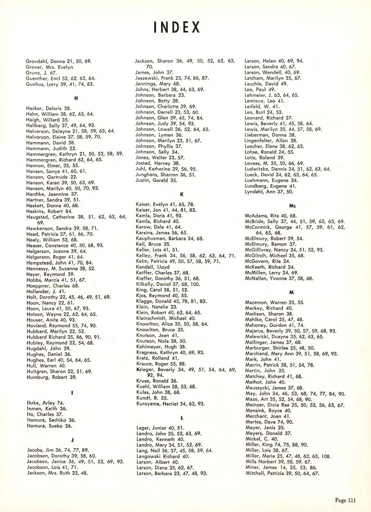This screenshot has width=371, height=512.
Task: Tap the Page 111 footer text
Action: (x=345, y=501)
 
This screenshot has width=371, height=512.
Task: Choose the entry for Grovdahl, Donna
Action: (x=59, y=61)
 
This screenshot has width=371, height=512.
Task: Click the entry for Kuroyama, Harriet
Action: (x=170, y=404)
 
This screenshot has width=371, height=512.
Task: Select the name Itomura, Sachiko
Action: (x=51, y=420)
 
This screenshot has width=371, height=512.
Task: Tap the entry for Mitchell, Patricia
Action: (x=282, y=473)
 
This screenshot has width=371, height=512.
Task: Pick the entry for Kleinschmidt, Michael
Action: (x=166, y=318)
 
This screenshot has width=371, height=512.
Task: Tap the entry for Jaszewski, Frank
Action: (x=172, y=78)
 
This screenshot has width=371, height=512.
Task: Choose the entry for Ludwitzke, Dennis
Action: (x=288, y=169)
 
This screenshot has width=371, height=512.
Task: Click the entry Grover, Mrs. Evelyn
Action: (x=49, y=67)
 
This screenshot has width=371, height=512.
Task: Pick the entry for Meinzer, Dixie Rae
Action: (x=295, y=405)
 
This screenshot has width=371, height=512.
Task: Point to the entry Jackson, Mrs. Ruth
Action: (x=57, y=473)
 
